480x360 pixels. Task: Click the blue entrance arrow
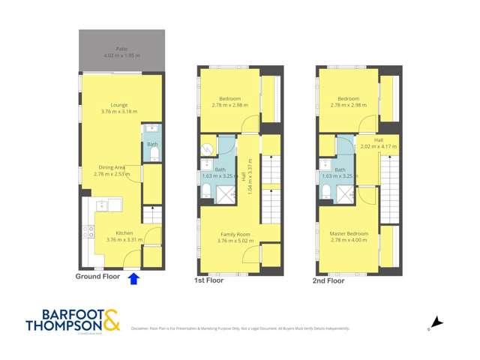click(x=133, y=279)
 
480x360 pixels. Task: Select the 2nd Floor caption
click(x=328, y=281)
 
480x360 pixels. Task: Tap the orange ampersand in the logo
click(x=111, y=320)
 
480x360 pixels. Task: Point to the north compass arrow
click(x=437, y=323)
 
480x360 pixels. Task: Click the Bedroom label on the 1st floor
click(x=230, y=99)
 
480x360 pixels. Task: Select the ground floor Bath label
click(x=152, y=144)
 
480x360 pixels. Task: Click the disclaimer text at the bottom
click(x=240, y=328)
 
